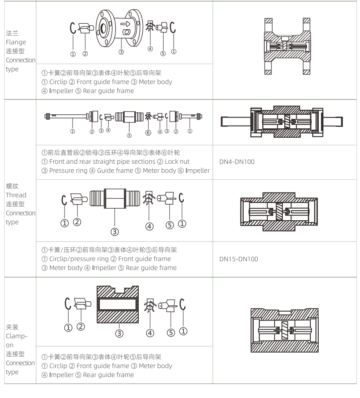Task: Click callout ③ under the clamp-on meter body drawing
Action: [x=119, y=333]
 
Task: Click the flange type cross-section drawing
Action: [x=284, y=46]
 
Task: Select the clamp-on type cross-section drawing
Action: [x=284, y=330]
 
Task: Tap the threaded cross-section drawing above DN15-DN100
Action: [x=284, y=211]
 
